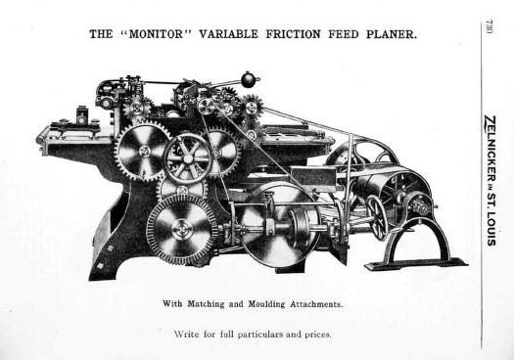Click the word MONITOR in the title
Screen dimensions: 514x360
(x=156, y=34)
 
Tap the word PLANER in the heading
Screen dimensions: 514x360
(x=392, y=34)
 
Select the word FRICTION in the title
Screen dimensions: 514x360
(x=293, y=34)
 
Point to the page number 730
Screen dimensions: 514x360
(x=489, y=26)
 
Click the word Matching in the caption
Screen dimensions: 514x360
(x=206, y=304)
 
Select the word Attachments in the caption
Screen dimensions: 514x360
(x=316, y=304)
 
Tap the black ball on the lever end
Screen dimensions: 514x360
(x=248, y=79)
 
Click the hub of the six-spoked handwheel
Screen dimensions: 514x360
(x=188, y=158)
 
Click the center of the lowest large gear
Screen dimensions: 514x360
(x=180, y=229)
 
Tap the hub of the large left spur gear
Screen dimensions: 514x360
(x=144, y=151)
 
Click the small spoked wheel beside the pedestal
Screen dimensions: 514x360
(x=378, y=218)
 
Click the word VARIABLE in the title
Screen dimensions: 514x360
(x=228, y=34)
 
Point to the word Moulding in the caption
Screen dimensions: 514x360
(x=266, y=304)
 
